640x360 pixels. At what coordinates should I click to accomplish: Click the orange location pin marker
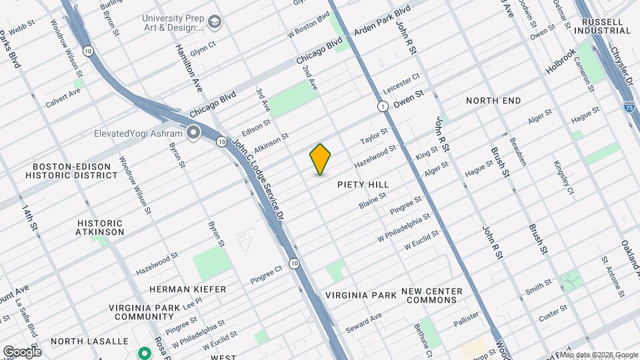tap(321, 159)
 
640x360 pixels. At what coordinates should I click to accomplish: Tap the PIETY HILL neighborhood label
tap(363, 184)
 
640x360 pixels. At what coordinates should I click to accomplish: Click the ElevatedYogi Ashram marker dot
tap(194, 133)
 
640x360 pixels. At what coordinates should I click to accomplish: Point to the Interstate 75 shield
tap(629, 107)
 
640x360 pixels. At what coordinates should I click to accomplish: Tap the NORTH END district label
tap(493, 101)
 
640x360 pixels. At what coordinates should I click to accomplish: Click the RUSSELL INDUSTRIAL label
tap(606, 26)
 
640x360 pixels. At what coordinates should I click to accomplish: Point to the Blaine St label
tap(373, 200)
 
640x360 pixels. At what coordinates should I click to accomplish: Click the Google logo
tap(22, 351)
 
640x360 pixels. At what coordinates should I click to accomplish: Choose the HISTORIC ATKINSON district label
tap(100, 227)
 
